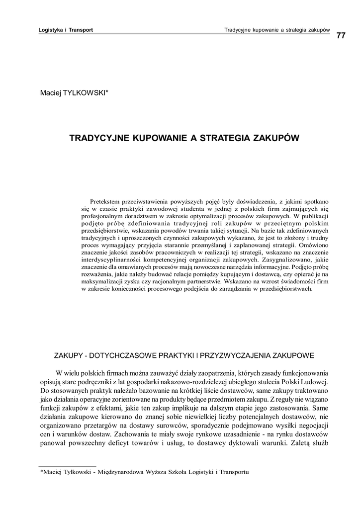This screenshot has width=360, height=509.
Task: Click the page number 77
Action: tap(341, 35)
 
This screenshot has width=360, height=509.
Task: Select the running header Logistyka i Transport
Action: tap(66, 30)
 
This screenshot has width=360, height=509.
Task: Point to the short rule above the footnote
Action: tap(68, 466)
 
